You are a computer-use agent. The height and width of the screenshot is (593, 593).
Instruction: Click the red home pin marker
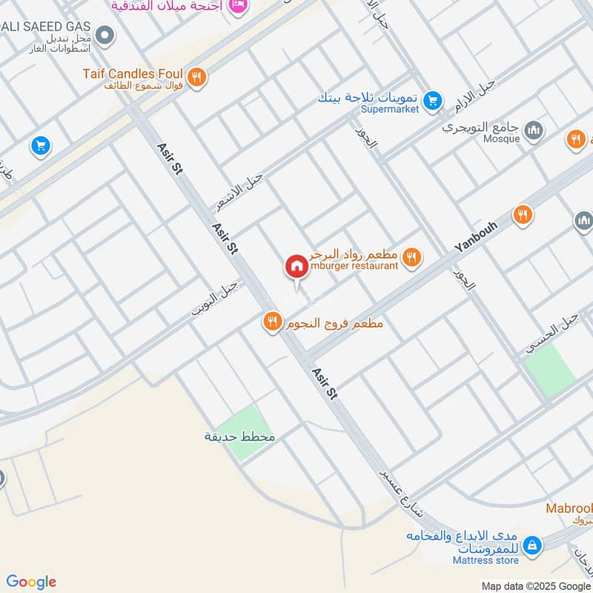[296, 266]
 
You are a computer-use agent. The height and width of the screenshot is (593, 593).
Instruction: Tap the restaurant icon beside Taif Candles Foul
[196, 76]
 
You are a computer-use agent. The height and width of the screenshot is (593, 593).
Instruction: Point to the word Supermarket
[390, 110]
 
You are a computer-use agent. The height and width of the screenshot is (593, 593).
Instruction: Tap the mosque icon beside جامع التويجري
[533, 132]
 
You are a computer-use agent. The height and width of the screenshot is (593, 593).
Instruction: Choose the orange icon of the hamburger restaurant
[412, 257]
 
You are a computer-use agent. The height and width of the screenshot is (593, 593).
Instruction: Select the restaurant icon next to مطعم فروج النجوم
[272, 322]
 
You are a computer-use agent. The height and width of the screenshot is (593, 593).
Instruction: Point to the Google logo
[31, 581]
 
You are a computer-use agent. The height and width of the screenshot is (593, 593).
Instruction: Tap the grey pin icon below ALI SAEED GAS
[105, 34]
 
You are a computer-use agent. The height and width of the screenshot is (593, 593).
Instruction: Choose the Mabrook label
[569, 508]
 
